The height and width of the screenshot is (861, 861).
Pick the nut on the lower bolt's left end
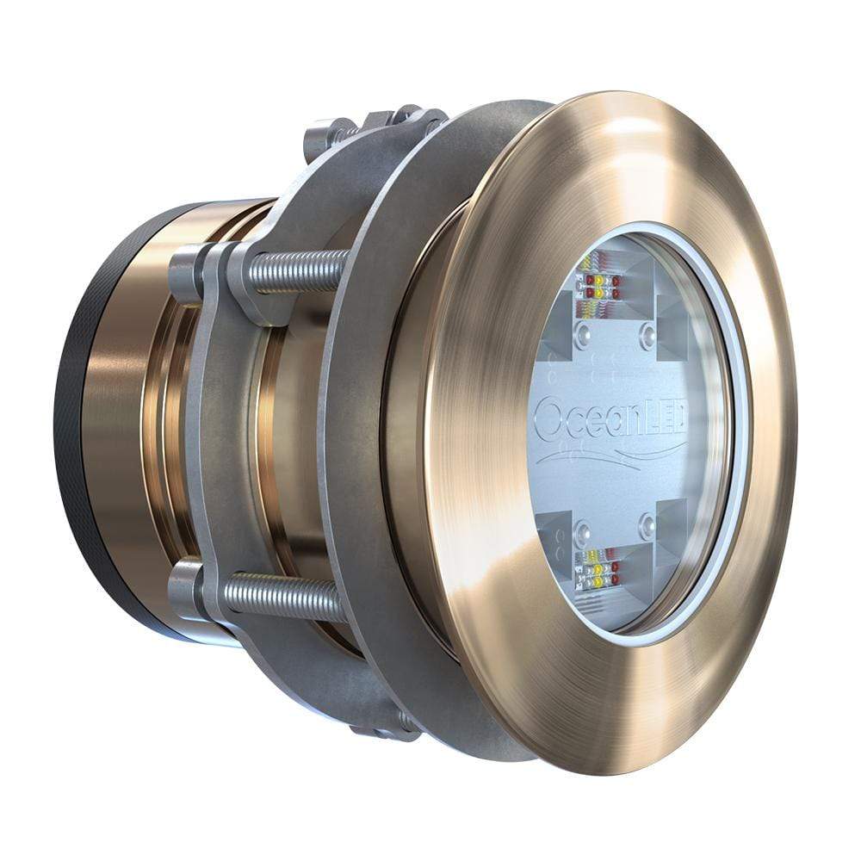(x=184, y=588)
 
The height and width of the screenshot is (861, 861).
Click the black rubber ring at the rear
(x=73, y=430)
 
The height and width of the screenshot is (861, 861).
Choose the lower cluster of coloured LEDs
(x=598, y=568)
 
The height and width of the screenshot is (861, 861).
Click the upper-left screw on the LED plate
(x=585, y=331)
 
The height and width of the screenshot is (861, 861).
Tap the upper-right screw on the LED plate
(x=647, y=331)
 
